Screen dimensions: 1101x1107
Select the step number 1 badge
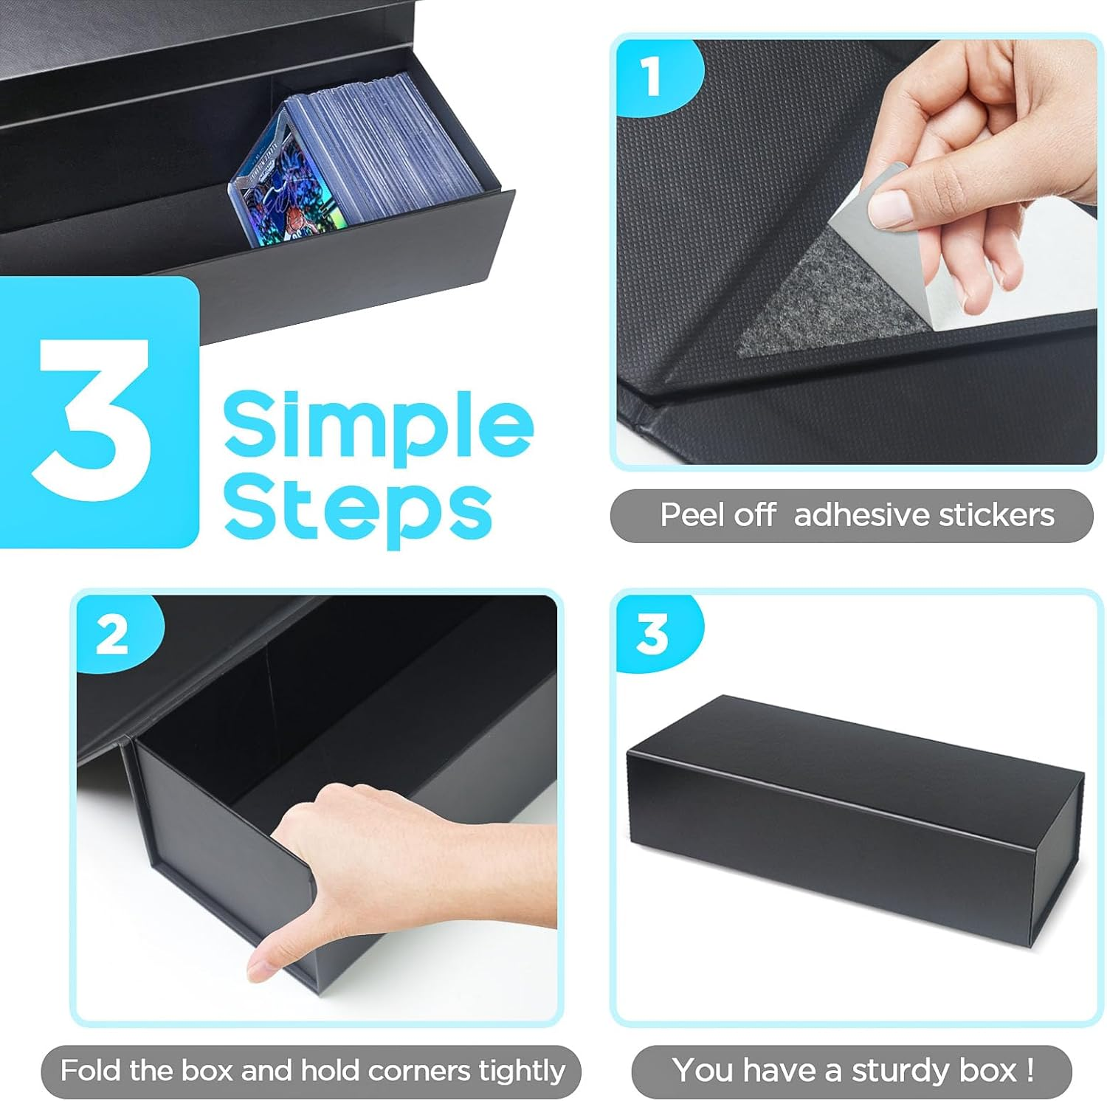(x=651, y=77)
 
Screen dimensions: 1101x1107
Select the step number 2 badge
(x=112, y=634)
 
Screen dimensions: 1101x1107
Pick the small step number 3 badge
(x=652, y=634)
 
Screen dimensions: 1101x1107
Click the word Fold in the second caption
(x=90, y=1070)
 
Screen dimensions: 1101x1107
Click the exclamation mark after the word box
(x=1030, y=1069)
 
